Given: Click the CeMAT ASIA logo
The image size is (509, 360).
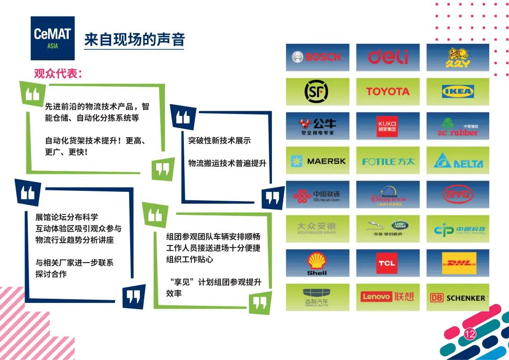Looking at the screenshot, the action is click(52, 38).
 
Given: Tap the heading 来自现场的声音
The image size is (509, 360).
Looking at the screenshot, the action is click(134, 40).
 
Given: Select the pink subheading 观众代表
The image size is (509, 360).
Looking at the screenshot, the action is click(58, 74).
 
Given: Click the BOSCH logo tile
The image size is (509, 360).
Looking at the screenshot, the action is click(317, 57).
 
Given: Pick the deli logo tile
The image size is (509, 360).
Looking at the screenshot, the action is click(387, 57).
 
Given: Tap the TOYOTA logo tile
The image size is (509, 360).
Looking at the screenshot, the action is click(387, 92).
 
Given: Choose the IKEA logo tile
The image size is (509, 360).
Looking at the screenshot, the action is click(458, 92).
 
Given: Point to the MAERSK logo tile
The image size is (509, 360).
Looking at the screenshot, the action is click(317, 161).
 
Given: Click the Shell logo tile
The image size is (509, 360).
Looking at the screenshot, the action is click(317, 263).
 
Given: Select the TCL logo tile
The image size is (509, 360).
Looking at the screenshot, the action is click(387, 263).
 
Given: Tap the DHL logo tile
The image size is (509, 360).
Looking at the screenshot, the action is click(458, 263).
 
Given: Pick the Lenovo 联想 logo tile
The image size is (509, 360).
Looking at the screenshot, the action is click(387, 297).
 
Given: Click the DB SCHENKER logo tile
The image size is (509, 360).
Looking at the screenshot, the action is click(458, 297).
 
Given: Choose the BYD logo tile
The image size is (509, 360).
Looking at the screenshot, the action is click(458, 195).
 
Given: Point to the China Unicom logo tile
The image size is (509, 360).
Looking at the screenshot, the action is click(317, 195).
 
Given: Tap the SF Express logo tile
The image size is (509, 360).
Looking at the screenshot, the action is click(317, 92).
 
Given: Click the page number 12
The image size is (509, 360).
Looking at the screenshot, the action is click(470, 335).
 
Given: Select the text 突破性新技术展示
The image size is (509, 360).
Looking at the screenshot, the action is click(219, 140).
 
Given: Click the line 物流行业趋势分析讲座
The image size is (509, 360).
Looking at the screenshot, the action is click(74, 240).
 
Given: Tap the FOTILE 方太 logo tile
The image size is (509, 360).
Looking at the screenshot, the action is click(387, 161).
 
